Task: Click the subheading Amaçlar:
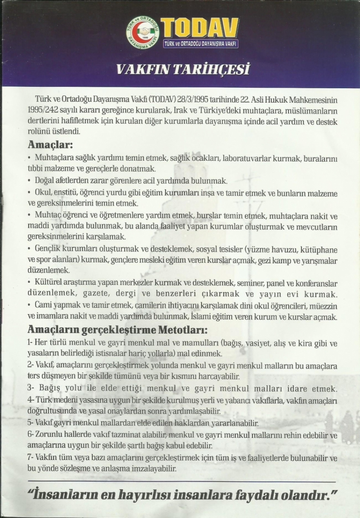(50, 145)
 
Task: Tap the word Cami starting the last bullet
(44, 306)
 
